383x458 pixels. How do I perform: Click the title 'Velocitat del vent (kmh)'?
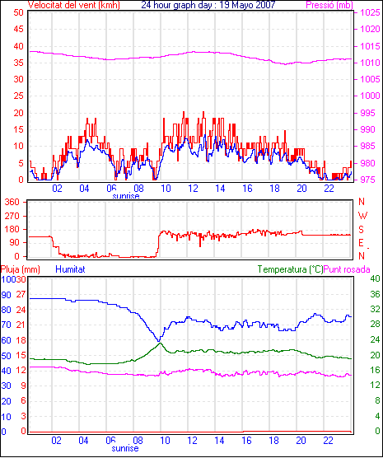point(74,5)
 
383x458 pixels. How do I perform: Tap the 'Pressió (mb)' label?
point(329,5)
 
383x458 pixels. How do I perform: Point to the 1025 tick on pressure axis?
point(370,12)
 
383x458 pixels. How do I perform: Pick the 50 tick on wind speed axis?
point(18,12)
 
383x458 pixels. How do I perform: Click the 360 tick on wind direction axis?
point(12,202)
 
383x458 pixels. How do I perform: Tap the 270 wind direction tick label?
point(12,216)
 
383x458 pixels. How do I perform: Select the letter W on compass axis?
point(362,216)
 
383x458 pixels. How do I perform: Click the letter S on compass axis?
point(361,230)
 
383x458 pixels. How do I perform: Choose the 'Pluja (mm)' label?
point(20,269)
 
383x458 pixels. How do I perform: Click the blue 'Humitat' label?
point(70,269)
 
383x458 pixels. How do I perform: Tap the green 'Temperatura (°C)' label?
point(291,269)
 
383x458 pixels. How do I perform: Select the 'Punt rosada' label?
point(347,269)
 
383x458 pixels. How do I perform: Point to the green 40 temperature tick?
point(375,278)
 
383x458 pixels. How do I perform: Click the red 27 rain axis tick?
point(21,294)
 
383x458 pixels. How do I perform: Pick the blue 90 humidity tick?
point(6,295)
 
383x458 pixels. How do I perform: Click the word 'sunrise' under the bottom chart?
point(125,448)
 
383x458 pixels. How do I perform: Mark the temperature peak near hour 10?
point(160,343)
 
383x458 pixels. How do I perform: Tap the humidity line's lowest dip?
point(159,341)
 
